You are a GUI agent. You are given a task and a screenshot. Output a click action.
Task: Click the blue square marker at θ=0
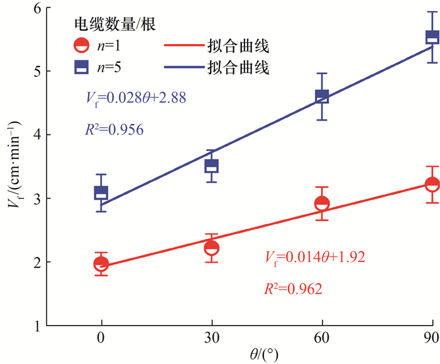click(x=101, y=193)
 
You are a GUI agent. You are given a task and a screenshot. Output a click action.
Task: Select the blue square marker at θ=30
click(x=211, y=167)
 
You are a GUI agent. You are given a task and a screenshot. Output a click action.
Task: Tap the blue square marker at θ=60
click(x=322, y=96)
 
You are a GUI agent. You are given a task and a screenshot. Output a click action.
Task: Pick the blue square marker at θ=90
click(x=432, y=38)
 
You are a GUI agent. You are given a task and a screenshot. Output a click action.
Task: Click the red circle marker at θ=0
click(x=101, y=264)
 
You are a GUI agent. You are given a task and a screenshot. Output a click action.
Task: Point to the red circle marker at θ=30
click(x=211, y=248)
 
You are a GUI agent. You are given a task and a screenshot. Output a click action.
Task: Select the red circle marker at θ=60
click(x=322, y=204)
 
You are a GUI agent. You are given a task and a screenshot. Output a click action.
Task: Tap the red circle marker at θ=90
click(x=432, y=184)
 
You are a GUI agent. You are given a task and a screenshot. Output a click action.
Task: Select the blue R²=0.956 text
click(x=114, y=130)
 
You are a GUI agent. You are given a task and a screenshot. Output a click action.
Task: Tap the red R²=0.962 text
click(x=294, y=289)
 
